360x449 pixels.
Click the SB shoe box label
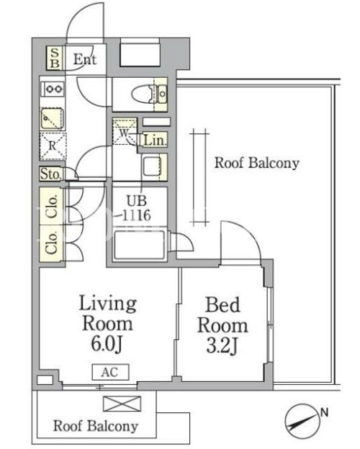click(x=55, y=58)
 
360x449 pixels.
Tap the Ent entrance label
click(x=85, y=59)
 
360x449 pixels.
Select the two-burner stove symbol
click(x=53, y=89)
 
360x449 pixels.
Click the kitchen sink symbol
click(x=52, y=118)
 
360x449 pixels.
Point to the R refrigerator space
click(x=53, y=146)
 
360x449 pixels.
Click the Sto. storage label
click(x=50, y=174)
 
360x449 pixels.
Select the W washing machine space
click(x=125, y=132)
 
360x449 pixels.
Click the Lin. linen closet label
click(x=155, y=141)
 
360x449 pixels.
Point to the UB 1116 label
click(x=137, y=208)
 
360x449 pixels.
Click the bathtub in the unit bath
click(x=140, y=246)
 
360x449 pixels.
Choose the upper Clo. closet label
click(x=52, y=206)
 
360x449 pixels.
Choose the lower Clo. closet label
click(x=52, y=243)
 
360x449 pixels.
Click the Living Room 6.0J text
click(x=107, y=324)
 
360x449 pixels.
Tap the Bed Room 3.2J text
click(x=222, y=326)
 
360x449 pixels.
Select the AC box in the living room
click(x=110, y=372)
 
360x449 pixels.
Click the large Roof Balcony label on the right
click(x=257, y=163)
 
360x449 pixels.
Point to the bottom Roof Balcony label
click(x=96, y=426)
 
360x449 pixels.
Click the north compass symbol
click(x=302, y=421)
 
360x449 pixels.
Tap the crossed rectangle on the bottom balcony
click(x=122, y=404)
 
